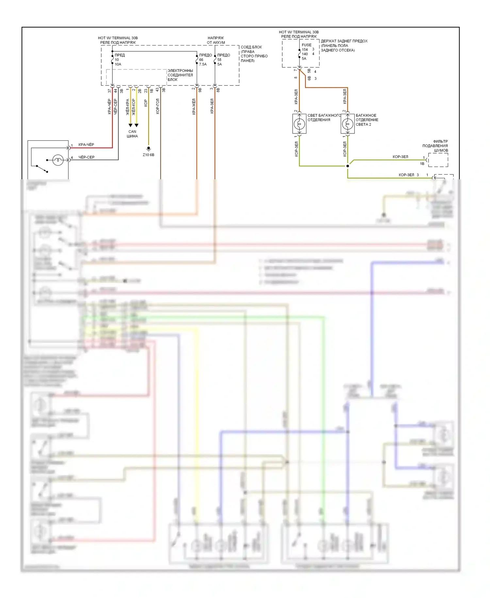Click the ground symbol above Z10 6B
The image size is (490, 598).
coord(148,149)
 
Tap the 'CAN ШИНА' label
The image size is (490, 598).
coord(132,134)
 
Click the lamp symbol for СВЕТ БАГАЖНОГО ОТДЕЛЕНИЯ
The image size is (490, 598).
coord(299,124)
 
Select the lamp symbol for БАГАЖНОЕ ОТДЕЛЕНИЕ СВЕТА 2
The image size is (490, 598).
coord(348,124)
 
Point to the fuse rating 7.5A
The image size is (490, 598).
coord(203,64)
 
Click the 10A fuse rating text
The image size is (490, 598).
coord(118,64)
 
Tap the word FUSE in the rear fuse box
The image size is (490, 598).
coord(306,45)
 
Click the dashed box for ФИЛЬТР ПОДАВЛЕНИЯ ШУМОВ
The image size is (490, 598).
coord(438,160)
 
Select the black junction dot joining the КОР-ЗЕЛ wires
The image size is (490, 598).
coord(348,166)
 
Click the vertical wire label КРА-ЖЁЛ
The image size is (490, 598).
coord(194,107)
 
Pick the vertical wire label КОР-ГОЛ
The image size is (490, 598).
coord(157,106)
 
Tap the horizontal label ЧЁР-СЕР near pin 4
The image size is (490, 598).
coord(86,157)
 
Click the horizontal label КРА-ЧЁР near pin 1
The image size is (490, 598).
coord(86,145)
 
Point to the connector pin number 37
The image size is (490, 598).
coord(109,91)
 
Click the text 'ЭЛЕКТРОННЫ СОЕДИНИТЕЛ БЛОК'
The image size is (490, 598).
coord(180,75)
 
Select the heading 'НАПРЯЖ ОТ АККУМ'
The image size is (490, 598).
coord(216,40)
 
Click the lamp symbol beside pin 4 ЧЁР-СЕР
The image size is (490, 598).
coord(58,160)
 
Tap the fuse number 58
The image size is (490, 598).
coord(219,60)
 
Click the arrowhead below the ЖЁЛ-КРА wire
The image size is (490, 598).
coord(130,125)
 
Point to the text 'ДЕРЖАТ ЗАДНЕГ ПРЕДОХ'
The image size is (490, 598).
coord(344,41)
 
